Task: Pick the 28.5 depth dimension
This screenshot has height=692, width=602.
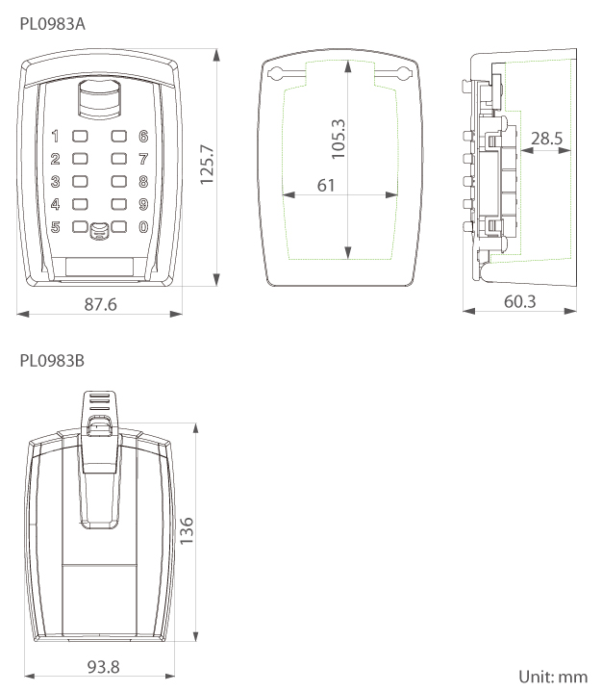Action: [547, 139]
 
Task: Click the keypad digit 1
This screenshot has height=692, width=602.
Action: [55, 138]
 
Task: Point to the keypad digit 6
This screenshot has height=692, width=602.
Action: [142, 138]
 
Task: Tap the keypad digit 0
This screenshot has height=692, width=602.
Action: [142, 228]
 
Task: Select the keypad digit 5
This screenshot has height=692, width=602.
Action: [55, 228]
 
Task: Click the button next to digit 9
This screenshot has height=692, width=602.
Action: [119, 204]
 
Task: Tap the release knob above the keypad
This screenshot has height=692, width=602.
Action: [98, 99]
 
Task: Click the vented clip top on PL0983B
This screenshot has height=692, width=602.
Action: [99, 401]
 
